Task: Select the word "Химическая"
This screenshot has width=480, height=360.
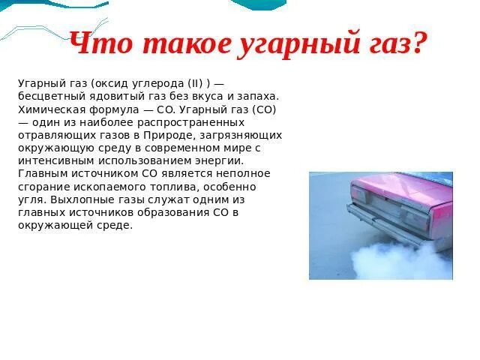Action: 48,109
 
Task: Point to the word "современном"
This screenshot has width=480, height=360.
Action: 185,148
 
